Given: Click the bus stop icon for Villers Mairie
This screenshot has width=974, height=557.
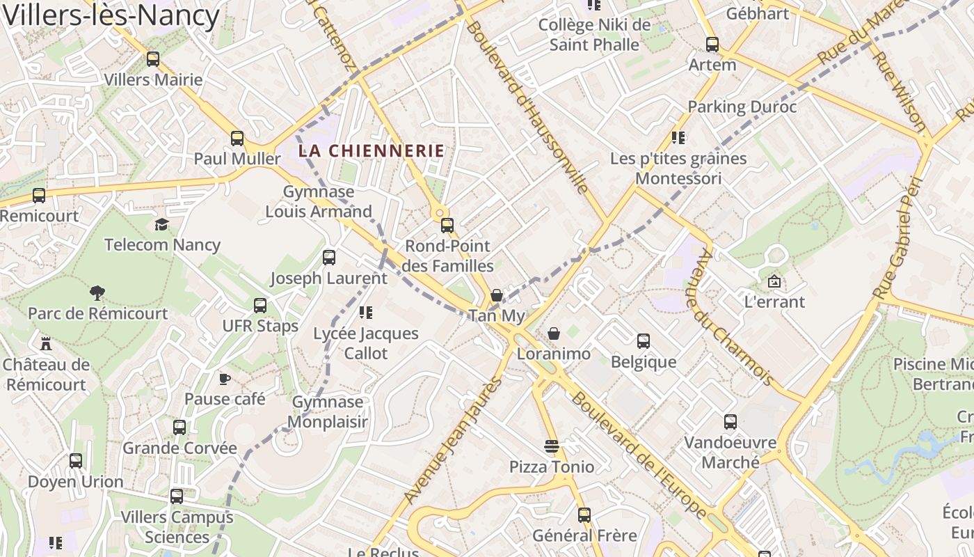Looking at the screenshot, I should (153, 59).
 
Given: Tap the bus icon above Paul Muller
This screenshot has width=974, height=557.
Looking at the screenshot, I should (237, 138).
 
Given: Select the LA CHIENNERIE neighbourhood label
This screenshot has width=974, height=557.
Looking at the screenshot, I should (372, 150).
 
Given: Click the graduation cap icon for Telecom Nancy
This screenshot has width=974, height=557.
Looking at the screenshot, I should (162, 224).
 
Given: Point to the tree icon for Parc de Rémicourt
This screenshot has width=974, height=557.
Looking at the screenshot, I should (97, 293).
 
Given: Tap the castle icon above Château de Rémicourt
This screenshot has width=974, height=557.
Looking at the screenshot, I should (46, 343).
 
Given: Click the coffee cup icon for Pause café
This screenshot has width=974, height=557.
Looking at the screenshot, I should (225, 379).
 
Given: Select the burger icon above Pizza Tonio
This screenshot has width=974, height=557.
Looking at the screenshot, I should (552, 446).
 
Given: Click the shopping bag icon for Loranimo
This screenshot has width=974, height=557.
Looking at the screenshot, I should (554, 334).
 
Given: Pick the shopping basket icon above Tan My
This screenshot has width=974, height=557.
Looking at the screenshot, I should (497, 295).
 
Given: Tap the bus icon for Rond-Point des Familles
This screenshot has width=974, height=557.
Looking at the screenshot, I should (447, 226).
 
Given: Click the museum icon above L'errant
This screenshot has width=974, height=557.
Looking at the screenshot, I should (774, 282).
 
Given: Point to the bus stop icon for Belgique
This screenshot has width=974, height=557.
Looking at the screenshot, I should (644, 341).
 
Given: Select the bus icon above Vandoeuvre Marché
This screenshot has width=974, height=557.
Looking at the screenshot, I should (730, 422).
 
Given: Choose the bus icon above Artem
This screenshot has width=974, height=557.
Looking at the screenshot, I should (712, 45).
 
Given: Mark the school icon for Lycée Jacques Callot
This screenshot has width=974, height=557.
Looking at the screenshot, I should (366, 313).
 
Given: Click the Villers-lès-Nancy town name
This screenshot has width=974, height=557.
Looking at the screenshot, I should (111, 15).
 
